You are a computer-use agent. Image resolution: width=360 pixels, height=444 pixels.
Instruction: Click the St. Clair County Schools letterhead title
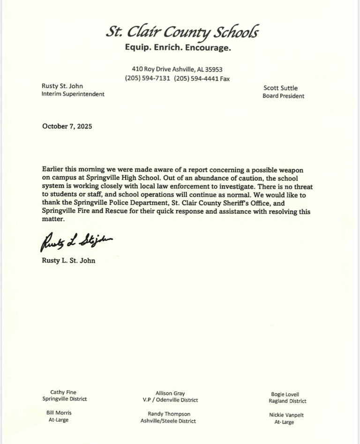[182, 32]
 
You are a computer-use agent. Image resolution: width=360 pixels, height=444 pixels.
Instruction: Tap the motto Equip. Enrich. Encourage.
[178, 48]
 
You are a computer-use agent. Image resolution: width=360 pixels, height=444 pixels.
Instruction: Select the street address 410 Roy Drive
[151, 69]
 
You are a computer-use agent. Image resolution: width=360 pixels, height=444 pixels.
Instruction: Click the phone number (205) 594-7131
[147, 78]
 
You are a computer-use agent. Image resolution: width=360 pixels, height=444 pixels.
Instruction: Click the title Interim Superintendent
[73, 94]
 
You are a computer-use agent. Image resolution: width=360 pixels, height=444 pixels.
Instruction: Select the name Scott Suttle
[280, 88]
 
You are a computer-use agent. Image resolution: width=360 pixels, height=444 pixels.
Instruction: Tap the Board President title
[283, 96]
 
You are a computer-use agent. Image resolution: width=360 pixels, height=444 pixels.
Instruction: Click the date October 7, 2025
[67, 126]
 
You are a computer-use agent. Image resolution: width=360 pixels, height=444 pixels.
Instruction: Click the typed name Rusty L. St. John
[68, 260]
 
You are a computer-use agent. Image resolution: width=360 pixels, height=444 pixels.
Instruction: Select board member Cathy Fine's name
[63, 392]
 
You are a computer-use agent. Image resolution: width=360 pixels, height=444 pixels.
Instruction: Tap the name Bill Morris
[59, 413]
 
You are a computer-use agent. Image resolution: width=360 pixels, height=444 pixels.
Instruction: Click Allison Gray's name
[170, 393]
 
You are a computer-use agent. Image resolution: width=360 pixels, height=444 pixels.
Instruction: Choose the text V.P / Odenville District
[170, 400]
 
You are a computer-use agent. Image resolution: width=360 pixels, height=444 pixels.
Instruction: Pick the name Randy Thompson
[168, 414]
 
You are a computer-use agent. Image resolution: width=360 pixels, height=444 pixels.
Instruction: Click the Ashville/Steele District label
[168, 421]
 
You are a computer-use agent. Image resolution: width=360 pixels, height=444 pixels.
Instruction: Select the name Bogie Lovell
[285, 394]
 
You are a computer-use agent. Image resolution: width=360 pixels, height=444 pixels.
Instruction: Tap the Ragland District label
[287, 401]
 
